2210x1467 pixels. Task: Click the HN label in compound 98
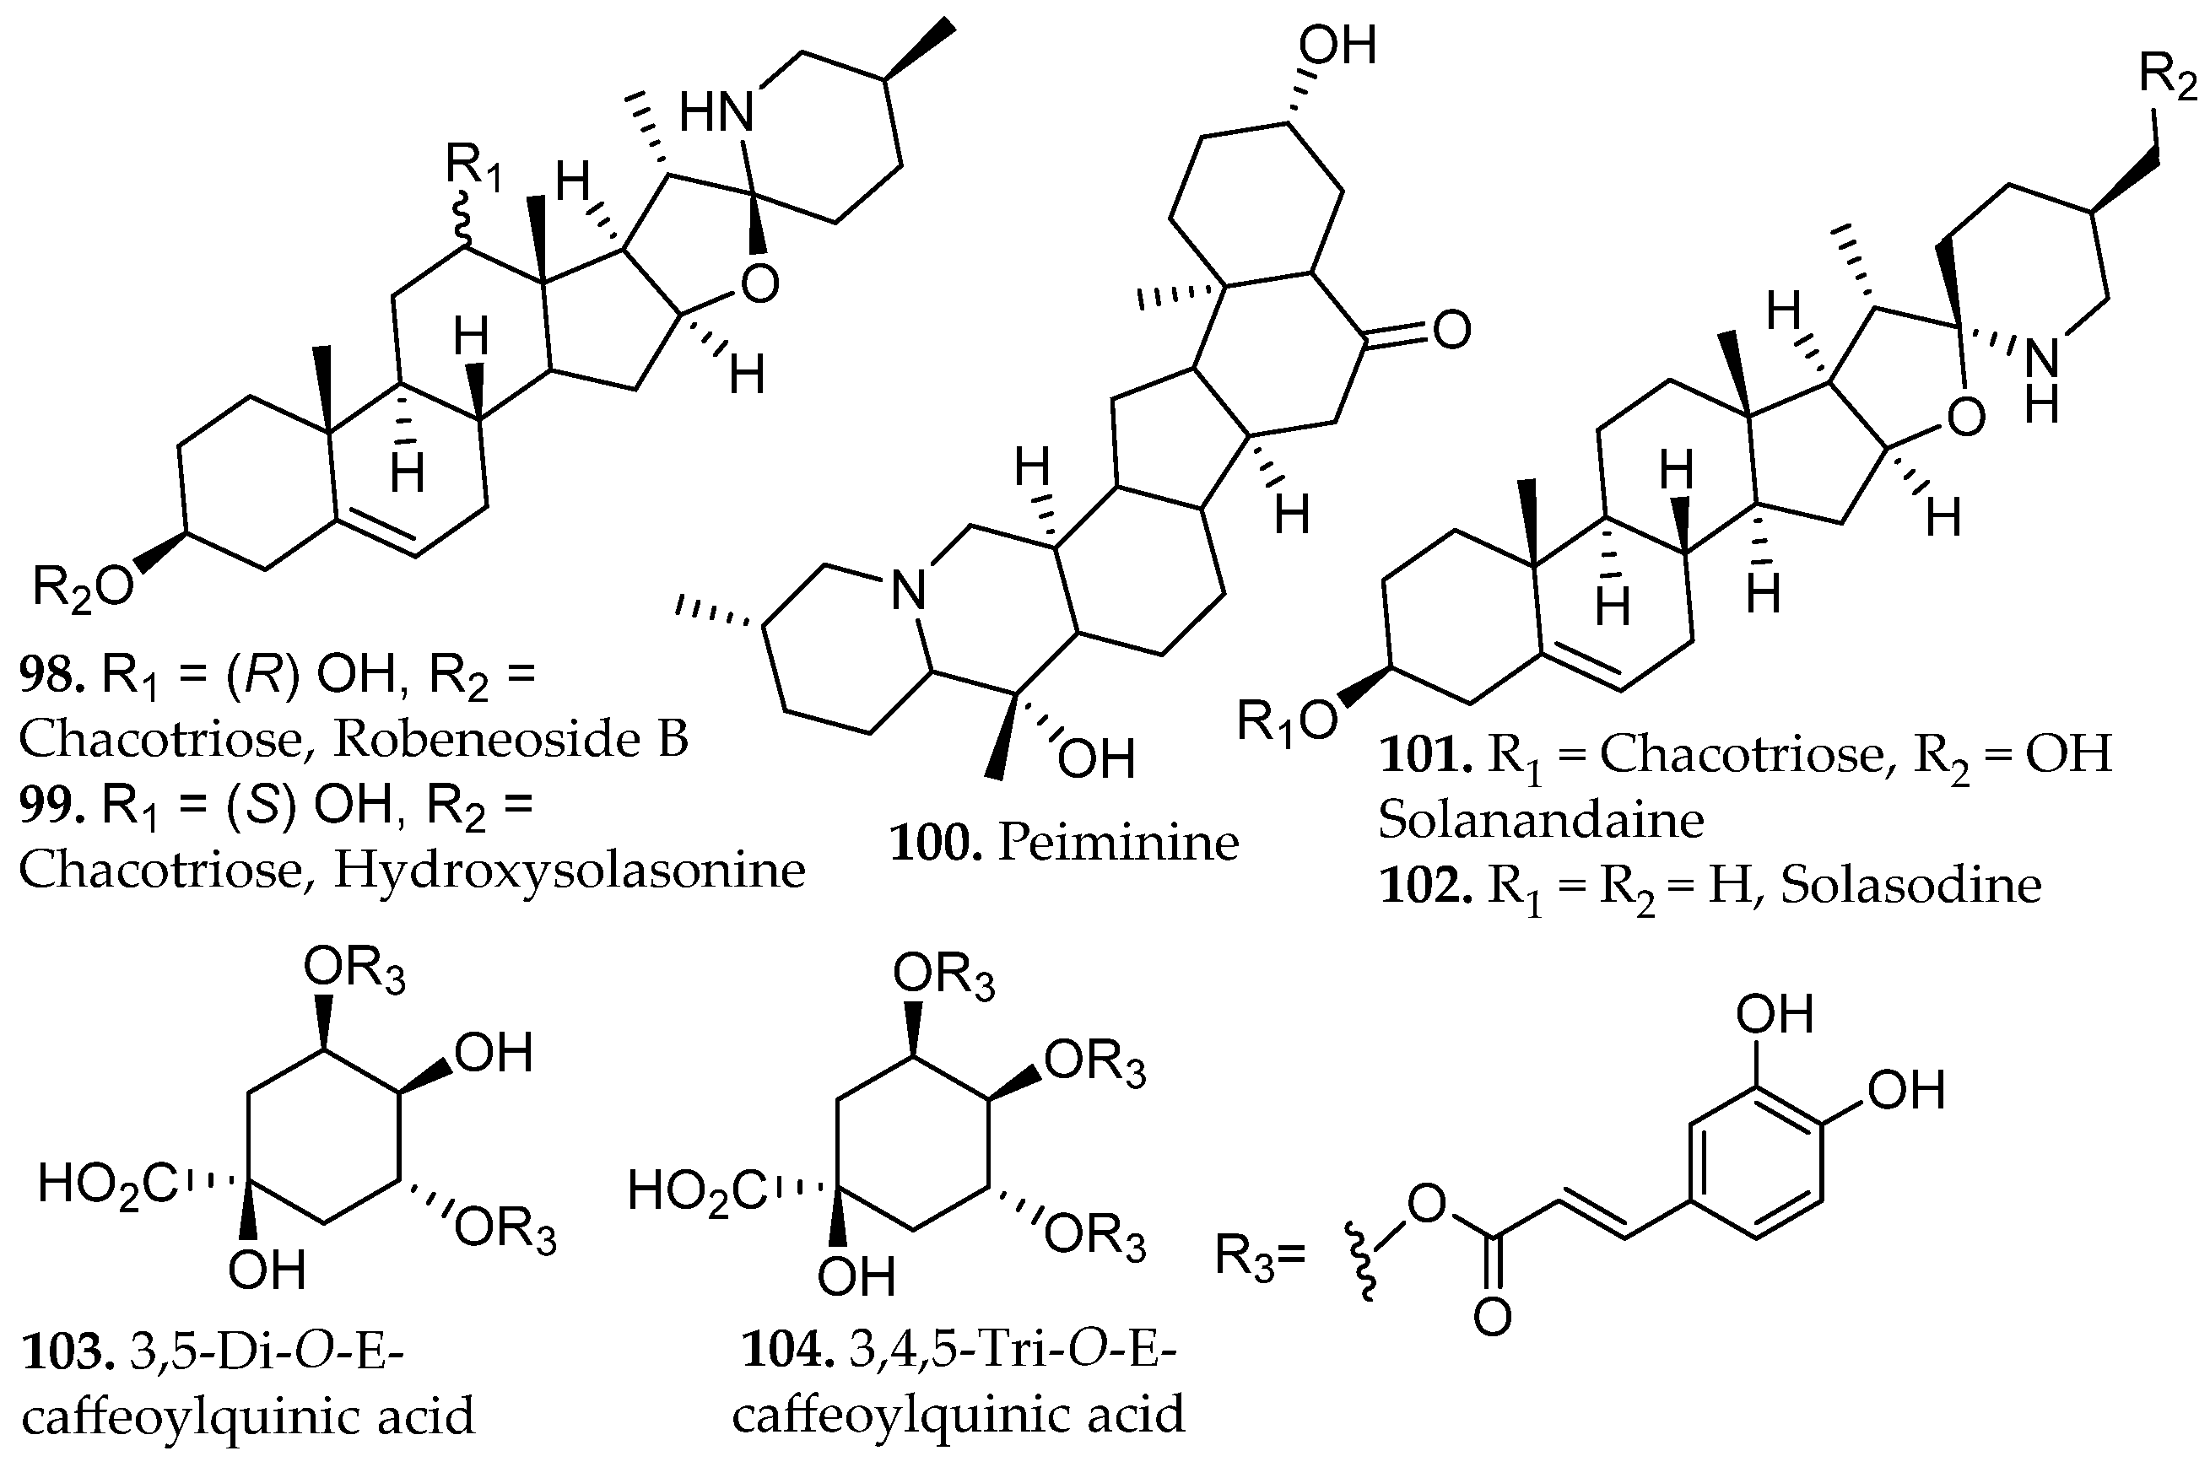[716, 115]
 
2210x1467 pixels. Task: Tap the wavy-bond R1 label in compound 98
[473, 169]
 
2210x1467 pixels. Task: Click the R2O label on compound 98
[83, 587]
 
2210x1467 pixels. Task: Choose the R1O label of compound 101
[1287, 722]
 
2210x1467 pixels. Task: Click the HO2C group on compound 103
[108, 1185]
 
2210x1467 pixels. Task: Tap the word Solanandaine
[1541, 821]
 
